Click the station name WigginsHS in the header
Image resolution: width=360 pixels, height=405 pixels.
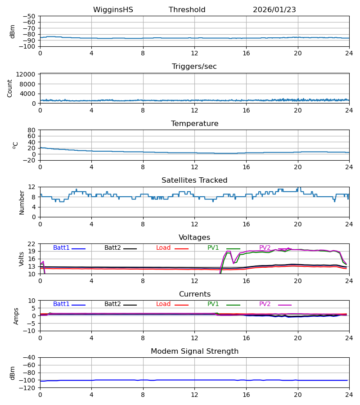[113, 10]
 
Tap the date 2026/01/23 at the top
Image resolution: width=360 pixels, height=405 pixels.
[274, 10]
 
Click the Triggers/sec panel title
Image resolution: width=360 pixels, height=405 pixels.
[194, 67]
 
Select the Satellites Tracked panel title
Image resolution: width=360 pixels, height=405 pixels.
[194, 180]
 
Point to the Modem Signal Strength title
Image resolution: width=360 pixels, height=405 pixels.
[194, 351]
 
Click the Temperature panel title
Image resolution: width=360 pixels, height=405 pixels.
[194, 124]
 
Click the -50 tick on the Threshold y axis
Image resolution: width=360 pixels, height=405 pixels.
[31, 16]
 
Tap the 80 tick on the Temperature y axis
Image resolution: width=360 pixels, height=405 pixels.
[31, 130]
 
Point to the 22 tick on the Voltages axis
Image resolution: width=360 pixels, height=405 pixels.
[31, 244]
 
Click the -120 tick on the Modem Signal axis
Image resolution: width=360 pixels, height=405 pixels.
[29, 388]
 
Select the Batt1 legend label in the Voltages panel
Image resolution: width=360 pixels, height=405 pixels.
[61, 248]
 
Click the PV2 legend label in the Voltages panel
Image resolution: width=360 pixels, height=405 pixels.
[265, 248]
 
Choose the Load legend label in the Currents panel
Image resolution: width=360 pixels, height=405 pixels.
[163, 304]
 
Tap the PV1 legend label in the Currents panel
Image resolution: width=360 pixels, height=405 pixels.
[213, 304]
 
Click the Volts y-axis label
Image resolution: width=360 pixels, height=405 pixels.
[22, 259]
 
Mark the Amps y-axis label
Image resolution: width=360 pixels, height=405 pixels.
[17, 316]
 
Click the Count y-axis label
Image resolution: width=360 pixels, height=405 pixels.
[10, 88]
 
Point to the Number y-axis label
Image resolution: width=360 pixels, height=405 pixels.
[22, 202]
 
